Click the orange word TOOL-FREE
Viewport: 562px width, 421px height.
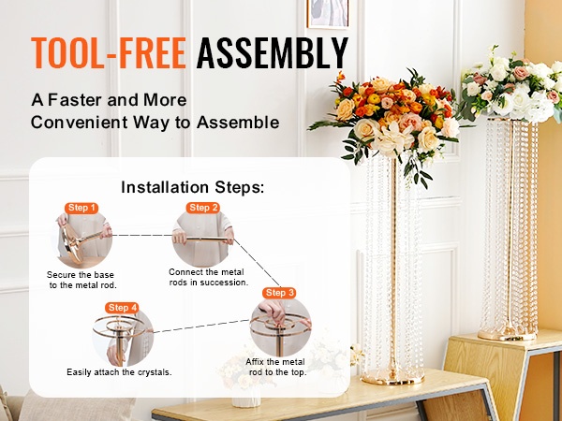109,53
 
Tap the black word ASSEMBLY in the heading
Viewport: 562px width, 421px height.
273,53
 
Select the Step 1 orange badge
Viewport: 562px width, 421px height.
81,208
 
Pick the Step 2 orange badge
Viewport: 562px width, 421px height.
203,208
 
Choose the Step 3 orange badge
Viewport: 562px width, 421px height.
279,293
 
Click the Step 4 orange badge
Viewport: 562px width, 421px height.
122,308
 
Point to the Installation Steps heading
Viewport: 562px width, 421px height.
192,187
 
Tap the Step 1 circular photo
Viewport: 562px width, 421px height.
85,240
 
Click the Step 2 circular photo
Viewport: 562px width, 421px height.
203,238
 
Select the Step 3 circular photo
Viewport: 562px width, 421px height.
280,327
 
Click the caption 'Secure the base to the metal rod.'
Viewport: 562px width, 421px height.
81,280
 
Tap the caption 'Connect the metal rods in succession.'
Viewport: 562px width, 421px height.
208,277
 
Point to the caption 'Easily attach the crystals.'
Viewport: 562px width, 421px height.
119,372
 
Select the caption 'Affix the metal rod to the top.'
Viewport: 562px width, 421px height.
276,367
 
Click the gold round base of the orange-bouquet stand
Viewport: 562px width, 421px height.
393,377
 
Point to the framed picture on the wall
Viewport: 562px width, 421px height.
328,14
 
